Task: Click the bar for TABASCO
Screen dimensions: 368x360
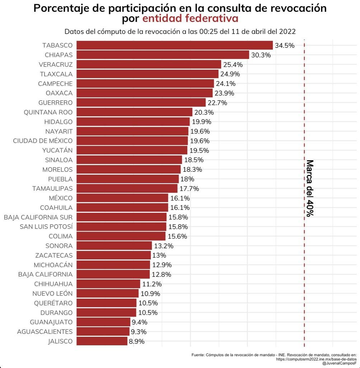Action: (174, 45)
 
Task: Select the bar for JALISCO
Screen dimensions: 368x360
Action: (102, 341)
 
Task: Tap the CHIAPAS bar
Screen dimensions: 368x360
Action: (163, 55)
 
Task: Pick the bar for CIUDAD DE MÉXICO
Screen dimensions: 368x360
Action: (132, 141)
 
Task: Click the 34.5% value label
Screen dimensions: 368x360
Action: (285, 46)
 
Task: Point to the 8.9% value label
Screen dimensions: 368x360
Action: (137, 341)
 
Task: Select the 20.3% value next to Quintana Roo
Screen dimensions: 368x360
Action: (204, 112)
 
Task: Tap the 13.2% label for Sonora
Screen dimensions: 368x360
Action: (164, 246)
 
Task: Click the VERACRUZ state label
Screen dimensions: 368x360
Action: (56, 65)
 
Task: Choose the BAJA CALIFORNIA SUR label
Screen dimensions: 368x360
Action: (38, 217)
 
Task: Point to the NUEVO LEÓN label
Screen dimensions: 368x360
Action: (52, 294)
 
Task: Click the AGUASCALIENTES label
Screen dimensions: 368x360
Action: (45, 332)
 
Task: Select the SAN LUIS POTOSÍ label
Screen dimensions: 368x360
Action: (46, 227)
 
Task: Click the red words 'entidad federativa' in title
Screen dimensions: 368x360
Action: (190, 18)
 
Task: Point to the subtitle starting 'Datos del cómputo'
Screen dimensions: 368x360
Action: (180, 31)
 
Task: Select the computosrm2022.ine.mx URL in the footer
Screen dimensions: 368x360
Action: (316, 359)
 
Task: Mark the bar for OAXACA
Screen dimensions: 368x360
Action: (144, 93)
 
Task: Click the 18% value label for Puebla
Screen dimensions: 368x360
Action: (187, 179)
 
